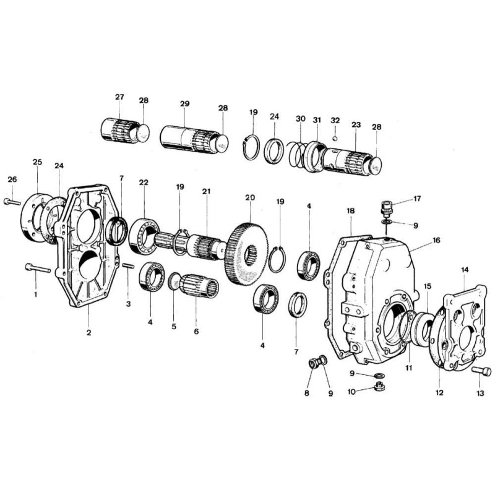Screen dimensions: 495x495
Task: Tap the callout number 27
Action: point(119,97)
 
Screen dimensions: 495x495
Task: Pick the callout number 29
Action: point(184,104)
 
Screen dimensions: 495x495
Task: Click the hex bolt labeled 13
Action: point(483,371)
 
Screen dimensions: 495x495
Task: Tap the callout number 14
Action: point(465,270)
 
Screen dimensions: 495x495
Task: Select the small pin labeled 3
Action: point(128,267)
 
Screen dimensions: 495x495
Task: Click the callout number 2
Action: point(89,333)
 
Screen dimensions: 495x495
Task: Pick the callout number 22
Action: point(144,183)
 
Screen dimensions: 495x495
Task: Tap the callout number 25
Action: point(37,161)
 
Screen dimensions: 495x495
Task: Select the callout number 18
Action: point(350,211)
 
